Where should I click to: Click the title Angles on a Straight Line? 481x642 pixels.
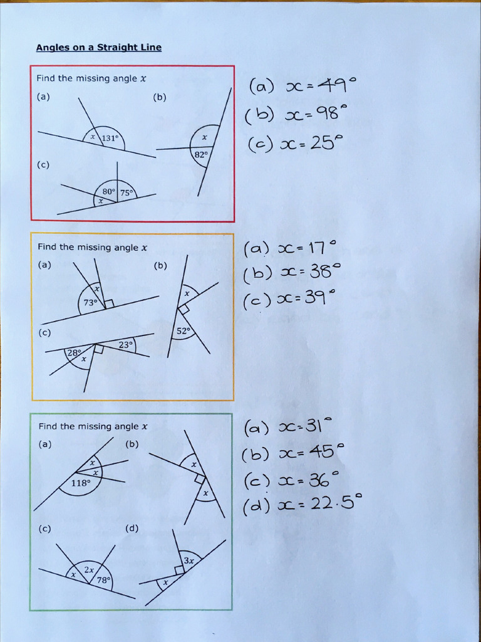click(x=98, y=47)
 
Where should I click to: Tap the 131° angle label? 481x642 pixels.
click(x=110, y=139)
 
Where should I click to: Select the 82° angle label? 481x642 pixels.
click(x=201, y=154)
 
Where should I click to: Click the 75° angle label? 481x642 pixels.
click(x=127, y=194)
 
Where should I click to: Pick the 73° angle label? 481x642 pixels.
click(x=91, y=302)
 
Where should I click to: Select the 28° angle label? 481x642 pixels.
click(x=74, y=353)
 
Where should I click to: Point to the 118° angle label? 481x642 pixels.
click(x=81, y=483)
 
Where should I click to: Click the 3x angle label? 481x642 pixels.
click(x=189, y=560)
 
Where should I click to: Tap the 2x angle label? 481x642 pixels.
click(x=90, y=570)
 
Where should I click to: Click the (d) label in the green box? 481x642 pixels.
click(x=132, y=529)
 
